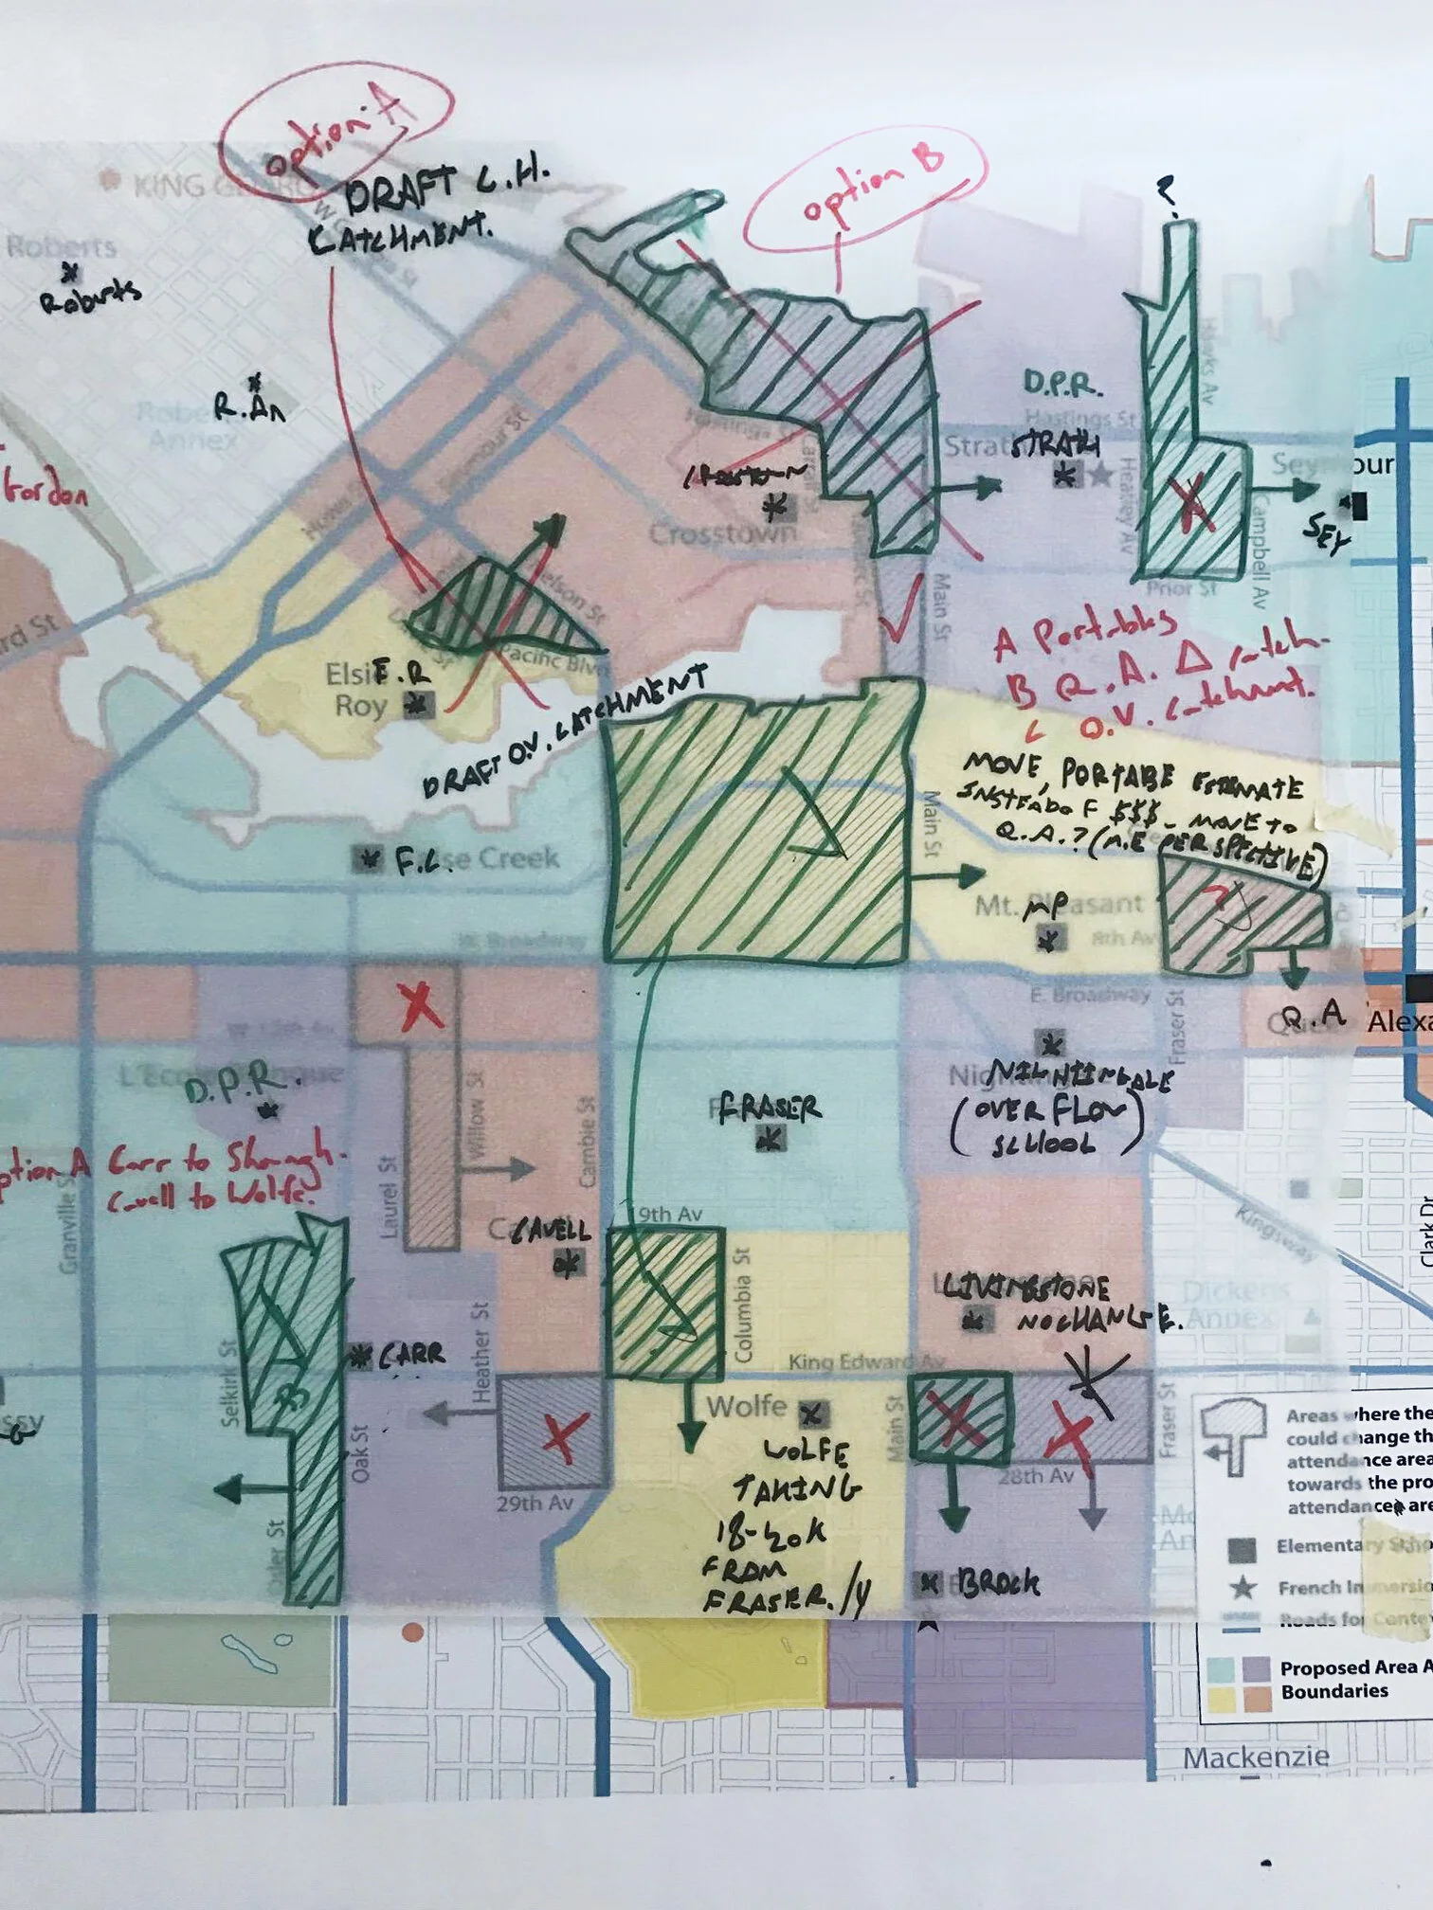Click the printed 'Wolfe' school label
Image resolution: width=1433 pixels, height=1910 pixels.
(746, 1406)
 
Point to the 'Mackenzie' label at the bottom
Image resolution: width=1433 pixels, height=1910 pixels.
(1255, 1757)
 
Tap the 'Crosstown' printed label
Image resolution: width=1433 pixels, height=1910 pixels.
(722, 534)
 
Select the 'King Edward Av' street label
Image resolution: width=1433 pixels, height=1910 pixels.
(865, 1361)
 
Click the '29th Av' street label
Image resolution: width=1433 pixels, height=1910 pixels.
(535, 1504)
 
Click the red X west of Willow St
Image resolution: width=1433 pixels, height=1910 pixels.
(420, 1005)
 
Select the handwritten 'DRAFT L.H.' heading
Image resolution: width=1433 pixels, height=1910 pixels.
(445, 189)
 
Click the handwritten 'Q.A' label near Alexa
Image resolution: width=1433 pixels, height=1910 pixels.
(1313, 1016)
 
